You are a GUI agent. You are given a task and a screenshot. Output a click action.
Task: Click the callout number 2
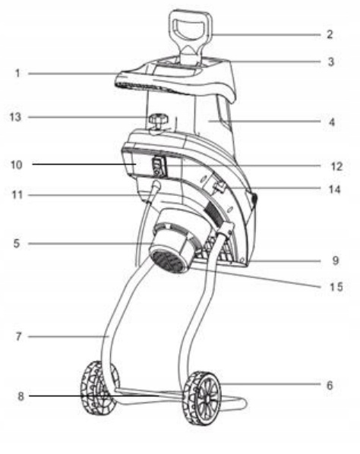coord(330,34)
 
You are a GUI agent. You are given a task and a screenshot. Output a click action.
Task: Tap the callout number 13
coord(15,117)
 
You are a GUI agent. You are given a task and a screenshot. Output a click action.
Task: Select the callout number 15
coord(336,287)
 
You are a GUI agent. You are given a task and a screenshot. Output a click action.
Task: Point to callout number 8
coord(21,396)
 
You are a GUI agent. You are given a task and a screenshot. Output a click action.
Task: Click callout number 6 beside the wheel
coord(330,386)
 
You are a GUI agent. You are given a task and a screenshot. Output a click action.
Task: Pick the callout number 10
coord(17,165)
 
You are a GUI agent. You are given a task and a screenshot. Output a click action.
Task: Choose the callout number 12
coord(336,166)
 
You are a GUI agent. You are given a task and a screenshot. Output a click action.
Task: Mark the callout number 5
coord(17,244)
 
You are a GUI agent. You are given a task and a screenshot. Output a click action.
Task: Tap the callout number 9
coord(336,260)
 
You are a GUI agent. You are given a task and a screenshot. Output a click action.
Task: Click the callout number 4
coord(332,122)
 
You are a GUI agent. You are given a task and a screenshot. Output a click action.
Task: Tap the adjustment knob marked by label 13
coord(158,121)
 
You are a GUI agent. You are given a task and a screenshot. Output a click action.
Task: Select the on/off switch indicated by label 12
coord(159,166)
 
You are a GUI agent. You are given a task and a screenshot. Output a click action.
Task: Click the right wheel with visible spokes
coord(202,399)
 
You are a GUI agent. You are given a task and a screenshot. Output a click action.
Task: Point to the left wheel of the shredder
coord(99,387)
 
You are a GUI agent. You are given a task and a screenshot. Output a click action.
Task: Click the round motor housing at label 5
coord(174,241)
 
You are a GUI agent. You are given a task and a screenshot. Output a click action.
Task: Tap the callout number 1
coord(17,73)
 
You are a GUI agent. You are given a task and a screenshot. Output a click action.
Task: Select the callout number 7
coord(18,336)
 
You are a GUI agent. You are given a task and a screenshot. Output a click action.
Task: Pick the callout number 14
coord(334,189)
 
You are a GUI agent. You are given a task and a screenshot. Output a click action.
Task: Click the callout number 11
coord(17,194)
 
